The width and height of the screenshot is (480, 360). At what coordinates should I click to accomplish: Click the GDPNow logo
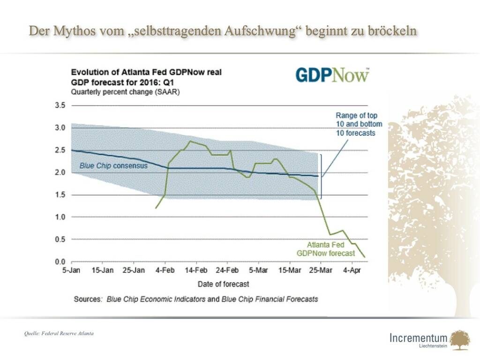click(332, 75)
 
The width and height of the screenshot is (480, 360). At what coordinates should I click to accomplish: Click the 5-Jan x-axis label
click(71, 270)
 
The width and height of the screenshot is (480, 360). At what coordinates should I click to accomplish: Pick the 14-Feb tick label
click(196, 270)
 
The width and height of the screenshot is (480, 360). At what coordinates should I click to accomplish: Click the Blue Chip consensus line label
click(113, 165)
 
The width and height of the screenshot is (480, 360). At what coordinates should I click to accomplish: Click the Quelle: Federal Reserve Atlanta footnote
click(59, 333)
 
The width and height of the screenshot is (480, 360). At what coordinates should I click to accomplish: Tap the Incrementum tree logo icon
click(459, 339)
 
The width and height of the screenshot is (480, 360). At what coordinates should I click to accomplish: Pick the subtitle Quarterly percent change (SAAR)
click(125, 91)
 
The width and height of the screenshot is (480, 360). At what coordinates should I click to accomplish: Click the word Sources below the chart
click(88, 299)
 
